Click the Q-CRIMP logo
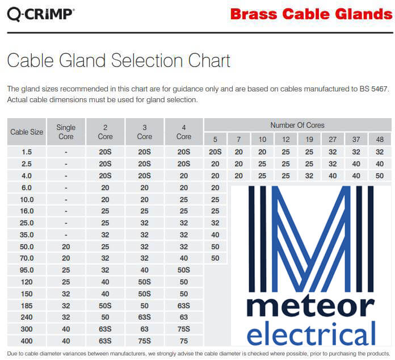coord(41,14)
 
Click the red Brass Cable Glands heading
coord(312,14)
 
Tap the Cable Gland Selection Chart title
coord(119,61)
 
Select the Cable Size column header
coord(27,132)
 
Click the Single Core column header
coord(66,132)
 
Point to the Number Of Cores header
coord(297,125)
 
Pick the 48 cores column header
coord(380,140)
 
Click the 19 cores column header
coord(309,140)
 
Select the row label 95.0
coord(27,270)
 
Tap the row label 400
coord(27,341)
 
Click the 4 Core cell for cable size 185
coord(184,305)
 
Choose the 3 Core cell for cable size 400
coord(144,341)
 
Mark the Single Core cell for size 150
coord(66,294)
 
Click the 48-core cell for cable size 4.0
coord(380,175)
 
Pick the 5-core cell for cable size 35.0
coord(215,235)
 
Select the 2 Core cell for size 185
coord(105,305)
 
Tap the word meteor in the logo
coord(310,307)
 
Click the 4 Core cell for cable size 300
coord(184,329)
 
